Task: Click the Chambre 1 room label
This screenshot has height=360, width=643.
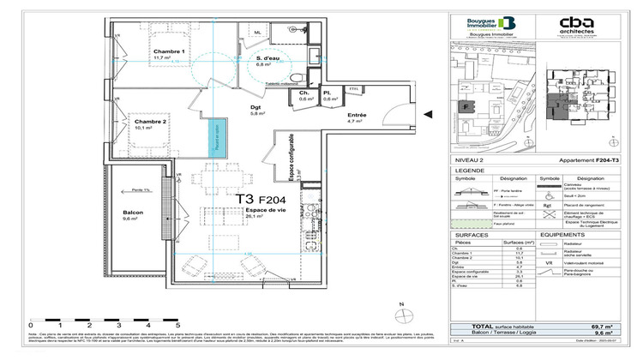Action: (170, 51)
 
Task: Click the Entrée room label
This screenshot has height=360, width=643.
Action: (356, 115)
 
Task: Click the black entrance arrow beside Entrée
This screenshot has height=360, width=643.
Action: (431, 114)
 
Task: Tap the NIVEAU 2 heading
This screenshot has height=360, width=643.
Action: (470, 161)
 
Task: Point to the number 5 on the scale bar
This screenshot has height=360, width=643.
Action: (177, 327)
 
